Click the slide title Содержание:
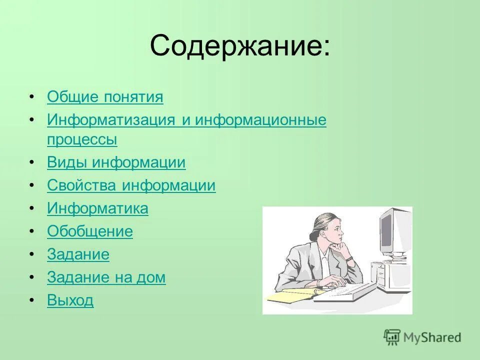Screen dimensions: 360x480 tap(239, 46)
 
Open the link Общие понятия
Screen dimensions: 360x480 tap(105, 97)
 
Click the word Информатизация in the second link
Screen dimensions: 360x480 tap(110, 120)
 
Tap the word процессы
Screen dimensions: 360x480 tap(82, 139)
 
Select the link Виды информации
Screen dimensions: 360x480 tap(116, 162)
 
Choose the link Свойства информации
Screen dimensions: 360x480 tap(131, 185)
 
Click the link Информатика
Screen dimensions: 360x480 tap(97, 208)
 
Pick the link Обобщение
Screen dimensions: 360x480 tap(90, 231)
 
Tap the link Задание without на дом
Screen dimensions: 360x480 tap(78, 254)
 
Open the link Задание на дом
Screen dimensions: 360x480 tap(106, 277)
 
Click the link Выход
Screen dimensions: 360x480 tap(70, 300)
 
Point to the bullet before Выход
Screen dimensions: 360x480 tap(32, 301)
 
